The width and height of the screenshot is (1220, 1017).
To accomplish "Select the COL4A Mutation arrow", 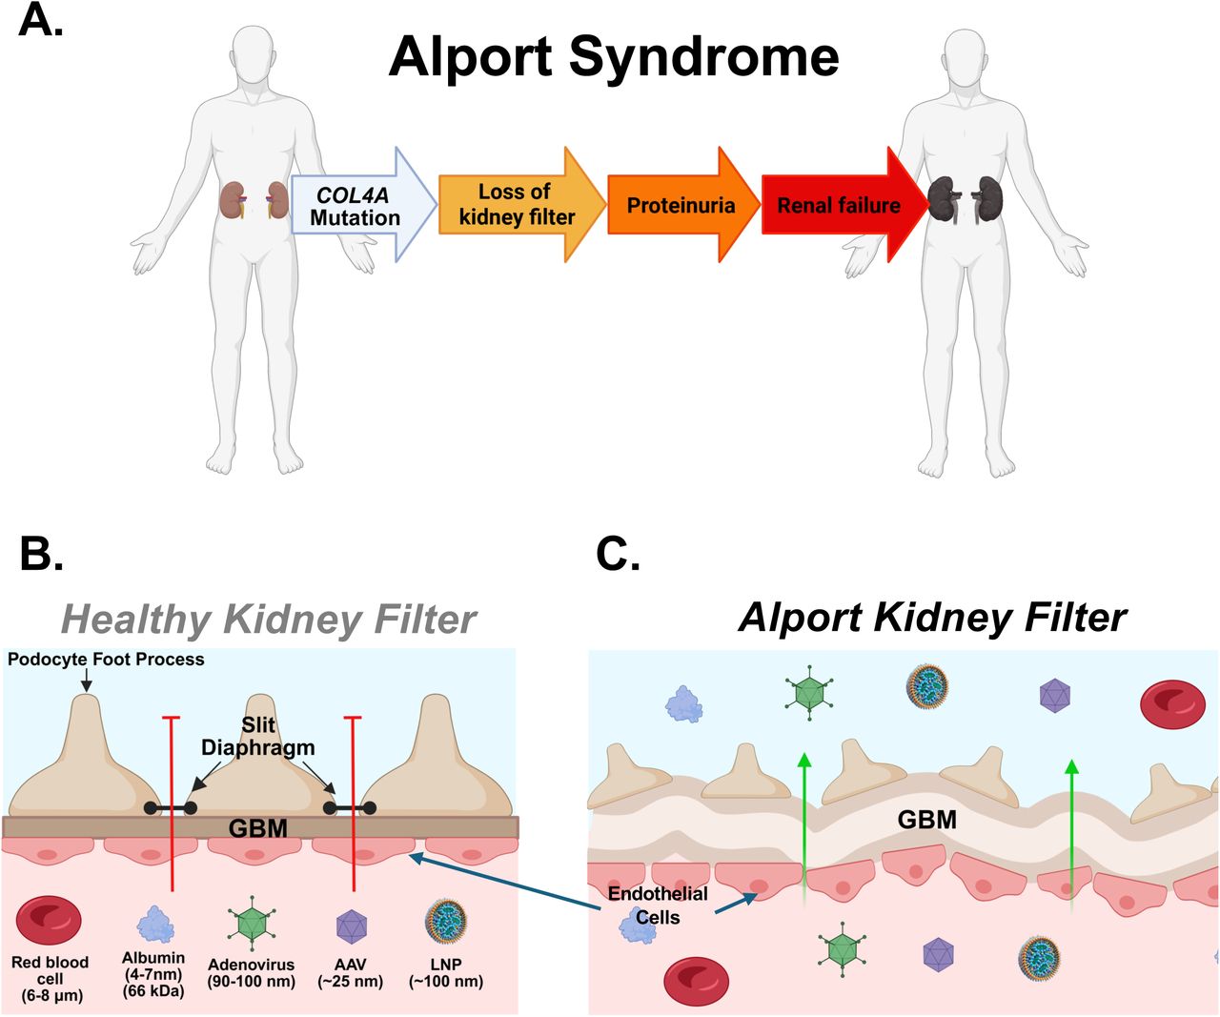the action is click(363, 205).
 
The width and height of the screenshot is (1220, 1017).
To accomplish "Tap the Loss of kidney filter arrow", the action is click(521, 205).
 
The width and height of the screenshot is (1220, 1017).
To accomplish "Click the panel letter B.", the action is click(41, 553).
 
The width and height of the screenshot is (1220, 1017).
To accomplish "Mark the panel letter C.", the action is click(619, 553).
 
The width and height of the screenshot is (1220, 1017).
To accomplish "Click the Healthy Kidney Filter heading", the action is click(269, 620).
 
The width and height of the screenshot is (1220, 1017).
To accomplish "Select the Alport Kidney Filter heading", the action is click(932, 619).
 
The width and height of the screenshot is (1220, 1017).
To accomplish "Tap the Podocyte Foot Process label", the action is click(106, 660).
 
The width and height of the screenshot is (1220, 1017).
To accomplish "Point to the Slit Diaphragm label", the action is click(257, 737).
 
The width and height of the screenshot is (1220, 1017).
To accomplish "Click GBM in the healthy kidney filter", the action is click(257, 828).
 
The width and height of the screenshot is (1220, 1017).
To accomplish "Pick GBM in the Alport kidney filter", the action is click(926, 820).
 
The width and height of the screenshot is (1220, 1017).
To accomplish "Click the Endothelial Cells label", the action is click(658, 905).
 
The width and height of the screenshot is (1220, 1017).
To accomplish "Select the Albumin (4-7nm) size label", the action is click(153, 974).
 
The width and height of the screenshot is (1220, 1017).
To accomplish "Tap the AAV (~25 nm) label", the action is click(350, 973).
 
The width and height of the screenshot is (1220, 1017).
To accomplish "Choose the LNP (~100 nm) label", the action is click(446, 973).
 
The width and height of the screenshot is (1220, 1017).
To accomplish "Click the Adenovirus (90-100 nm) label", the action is click(252, 973).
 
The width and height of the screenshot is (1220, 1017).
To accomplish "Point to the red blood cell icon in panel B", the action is click(49, 920).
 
